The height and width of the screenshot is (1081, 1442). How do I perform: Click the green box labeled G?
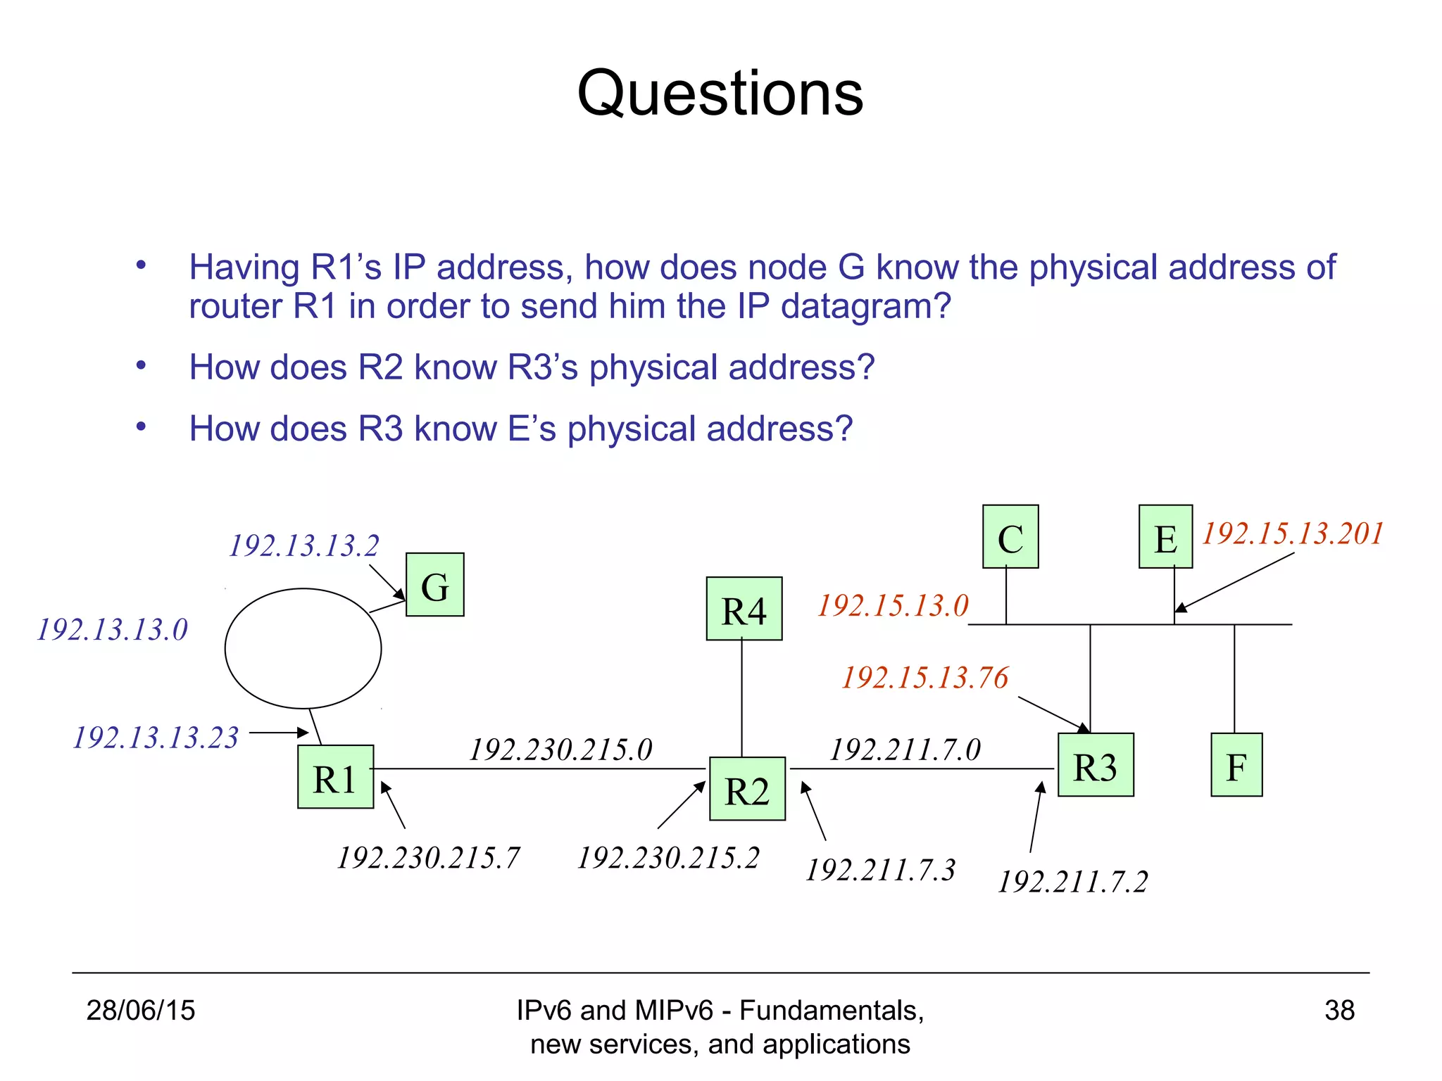pyautogui.click(x=434, y=585)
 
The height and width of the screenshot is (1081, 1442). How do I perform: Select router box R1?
pyautogui.click(x=335, y=777)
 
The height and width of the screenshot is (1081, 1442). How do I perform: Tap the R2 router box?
pyautogui.click(x=747, y=789)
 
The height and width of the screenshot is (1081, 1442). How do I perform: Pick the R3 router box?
pyautogui.click(x=1096, y=765)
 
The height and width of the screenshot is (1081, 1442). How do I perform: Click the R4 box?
pyautogui.click(x=744, y=609)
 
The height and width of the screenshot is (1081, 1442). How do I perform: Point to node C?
pyautogui.click(x=1010, y=537)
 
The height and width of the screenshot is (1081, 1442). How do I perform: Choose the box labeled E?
pyautogui.click(x=1165, y=537)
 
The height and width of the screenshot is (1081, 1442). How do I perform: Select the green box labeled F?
pyautogui.click(x=1236, y=765)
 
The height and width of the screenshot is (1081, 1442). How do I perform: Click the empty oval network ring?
pyautogui.click(x=303, y=648)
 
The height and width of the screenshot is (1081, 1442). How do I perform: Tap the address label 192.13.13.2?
pyautogui.click(x=304, y=546)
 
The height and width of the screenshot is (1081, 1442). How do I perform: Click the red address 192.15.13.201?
pyautogui.click(x=1293, y=533)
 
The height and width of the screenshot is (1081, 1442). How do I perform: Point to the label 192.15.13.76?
pyautogui.click(x=925, y=678)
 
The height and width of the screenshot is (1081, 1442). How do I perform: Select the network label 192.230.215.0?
pyautogui.click(x=560, y=750)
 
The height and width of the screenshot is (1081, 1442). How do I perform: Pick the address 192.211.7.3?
pyautogui.click(x=880, y=871)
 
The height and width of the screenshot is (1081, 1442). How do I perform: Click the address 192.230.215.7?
pyautogui.click(x=428, y=859)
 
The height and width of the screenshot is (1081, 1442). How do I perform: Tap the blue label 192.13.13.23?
pyautogui.click(x=156, y=738)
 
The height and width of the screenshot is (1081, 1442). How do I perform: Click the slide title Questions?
pyautogui.click(x=720, y=94)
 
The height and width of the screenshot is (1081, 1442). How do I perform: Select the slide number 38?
pyautogui.click(x=1339, y=1011)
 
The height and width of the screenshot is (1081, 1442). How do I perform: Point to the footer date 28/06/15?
pyautogui.click(x=141, y=1011)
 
